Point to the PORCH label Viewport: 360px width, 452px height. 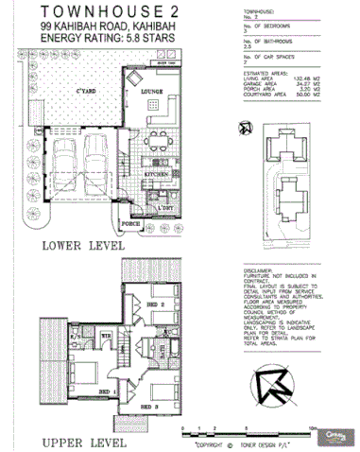pyautogui.click(x=131, y=224)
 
